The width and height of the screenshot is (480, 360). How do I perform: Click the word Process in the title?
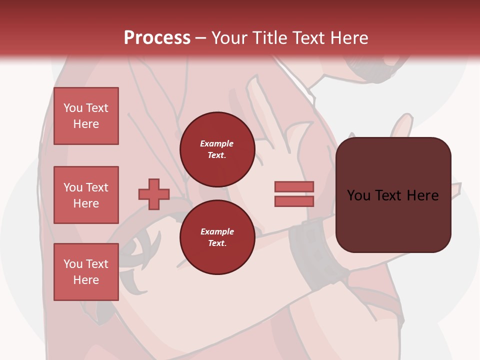[157, 38]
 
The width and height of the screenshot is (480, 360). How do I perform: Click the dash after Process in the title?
[201, 38]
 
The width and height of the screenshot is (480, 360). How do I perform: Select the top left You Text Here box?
[86, 116]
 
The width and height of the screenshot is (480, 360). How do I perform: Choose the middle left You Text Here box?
[86, 195]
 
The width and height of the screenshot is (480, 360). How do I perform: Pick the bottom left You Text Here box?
[86, 272]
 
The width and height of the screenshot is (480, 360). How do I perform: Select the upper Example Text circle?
[217, 149]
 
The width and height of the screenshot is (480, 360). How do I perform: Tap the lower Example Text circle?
[217, 237]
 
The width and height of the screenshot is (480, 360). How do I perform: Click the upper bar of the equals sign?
[294, 187]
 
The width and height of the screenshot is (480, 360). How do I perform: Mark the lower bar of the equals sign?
[294, 201]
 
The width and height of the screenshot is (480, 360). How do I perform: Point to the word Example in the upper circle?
[217, 143]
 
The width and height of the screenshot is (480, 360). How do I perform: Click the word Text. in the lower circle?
[217, 243]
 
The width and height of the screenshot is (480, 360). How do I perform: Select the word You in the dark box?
[358, 195]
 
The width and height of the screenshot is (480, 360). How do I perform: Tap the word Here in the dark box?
[422, 195]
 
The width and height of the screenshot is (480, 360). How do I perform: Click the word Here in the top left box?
[86, 124]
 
